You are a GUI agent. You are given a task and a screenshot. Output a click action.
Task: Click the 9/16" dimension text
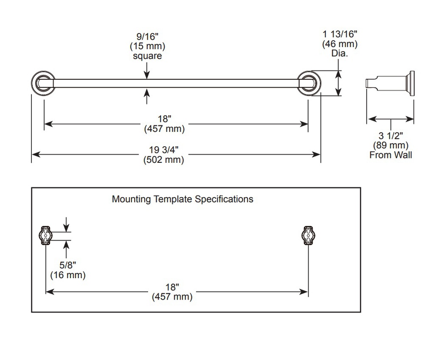(x=147, y=37)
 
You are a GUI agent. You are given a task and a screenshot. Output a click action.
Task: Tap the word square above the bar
(x=147, y=56)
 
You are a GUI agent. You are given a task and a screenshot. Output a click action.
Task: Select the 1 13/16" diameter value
(x=340, y=34)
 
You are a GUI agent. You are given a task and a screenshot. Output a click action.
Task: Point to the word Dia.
(x=340, y=53)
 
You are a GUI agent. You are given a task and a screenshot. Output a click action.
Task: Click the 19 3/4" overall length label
(x=164, y=150)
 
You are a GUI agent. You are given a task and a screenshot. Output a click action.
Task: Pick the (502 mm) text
(x=164, y=159)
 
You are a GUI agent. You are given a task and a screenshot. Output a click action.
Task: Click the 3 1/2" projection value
(x=391, y=136)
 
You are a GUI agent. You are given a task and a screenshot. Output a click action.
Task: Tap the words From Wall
(x=391, y=155)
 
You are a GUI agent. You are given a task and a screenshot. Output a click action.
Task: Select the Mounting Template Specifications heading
(x=182, y=199)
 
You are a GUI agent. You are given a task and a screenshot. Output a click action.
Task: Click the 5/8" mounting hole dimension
(x=68, y=265)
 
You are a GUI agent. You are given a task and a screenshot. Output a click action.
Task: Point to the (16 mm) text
(x=68, y=275)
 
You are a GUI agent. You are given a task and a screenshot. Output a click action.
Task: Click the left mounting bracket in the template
(x=45, y=235)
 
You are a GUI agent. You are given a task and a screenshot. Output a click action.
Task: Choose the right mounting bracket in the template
(x=309, y=235)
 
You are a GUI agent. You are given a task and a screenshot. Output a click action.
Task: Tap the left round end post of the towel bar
(x=43, y=83)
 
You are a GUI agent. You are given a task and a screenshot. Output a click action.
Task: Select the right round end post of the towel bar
(x=309, y=83)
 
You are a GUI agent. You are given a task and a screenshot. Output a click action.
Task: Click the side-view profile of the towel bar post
(x=390, y=83)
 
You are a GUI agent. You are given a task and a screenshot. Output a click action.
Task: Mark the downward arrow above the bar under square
(x=147, y=71)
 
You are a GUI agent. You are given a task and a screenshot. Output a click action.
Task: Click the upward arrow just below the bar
(x=147, y=96)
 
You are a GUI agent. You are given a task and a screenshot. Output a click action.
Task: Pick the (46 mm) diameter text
(x=340, y=44)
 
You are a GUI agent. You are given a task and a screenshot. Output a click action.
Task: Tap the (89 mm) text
(x=391, y=145)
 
